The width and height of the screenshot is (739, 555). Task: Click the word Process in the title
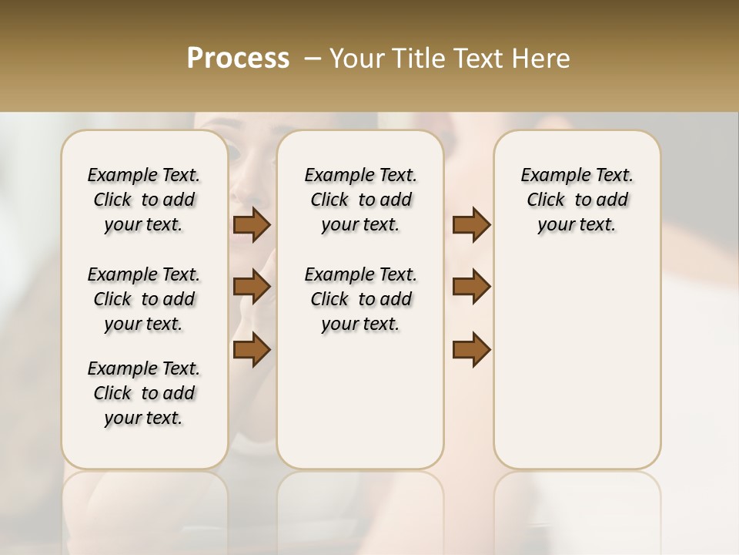(x=238, y=59)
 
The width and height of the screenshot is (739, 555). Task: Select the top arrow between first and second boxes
(x=252, y=225)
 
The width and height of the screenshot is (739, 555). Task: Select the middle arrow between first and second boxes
(x=252, y=287)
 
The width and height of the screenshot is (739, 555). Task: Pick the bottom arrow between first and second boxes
(x=252, y=349)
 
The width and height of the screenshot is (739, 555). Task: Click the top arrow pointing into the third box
(x=471, y=225)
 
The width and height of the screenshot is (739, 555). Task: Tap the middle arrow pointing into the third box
(x=471, y=287)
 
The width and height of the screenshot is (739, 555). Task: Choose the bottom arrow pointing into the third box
(x=471, y=349)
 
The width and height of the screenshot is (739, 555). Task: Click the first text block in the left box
(x=144, y=200)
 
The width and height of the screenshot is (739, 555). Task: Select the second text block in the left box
(x=144, y=299)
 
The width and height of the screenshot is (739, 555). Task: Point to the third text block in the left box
(x=144, y=393)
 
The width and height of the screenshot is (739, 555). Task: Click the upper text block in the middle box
(x=360, y=200)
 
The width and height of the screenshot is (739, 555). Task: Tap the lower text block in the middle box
(x=360, y=299)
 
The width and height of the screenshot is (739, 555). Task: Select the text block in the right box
(x=577, y=200)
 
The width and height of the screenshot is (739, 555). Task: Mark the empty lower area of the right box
(x=577, y=362)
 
